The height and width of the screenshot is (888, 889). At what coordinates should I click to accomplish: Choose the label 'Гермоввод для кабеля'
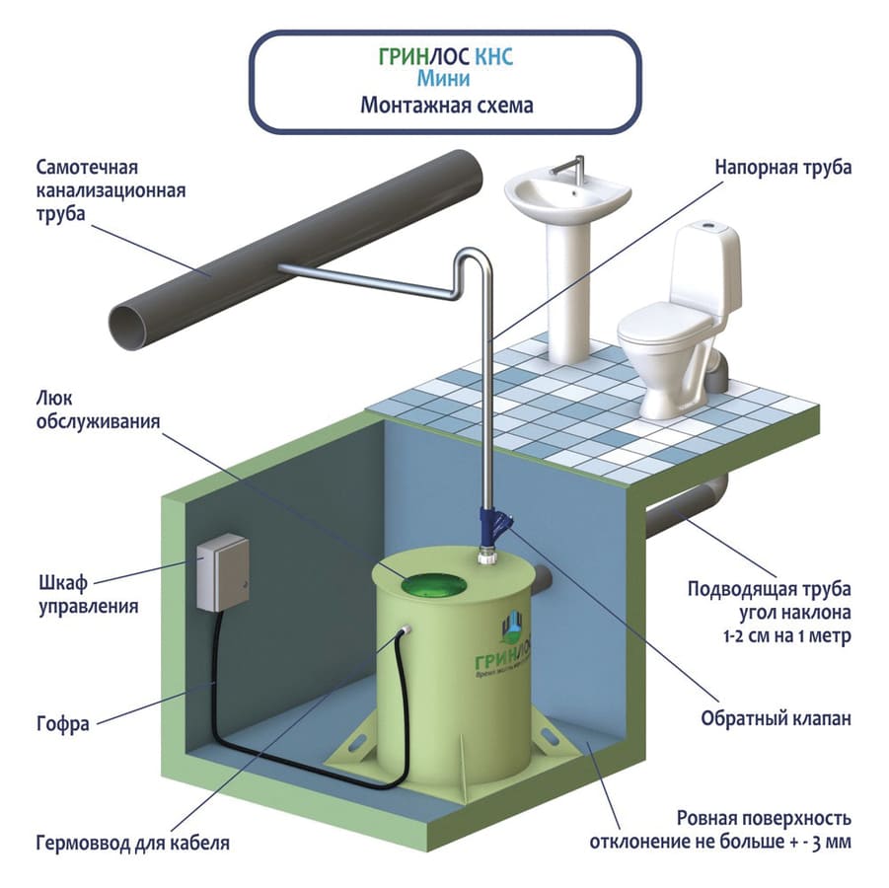point(132,844)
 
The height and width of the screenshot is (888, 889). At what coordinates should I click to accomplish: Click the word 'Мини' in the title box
point(446,80)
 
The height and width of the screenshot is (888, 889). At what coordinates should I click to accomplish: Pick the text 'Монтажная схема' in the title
point(446,105)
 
